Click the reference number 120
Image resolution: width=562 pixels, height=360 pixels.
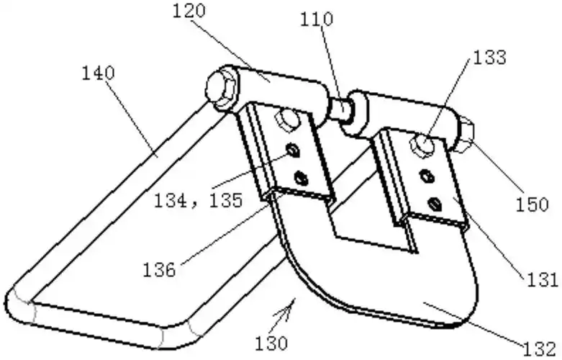189,11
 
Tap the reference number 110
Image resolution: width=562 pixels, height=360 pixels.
316,19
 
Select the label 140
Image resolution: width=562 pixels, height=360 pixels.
98,73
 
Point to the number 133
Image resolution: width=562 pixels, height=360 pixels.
489,58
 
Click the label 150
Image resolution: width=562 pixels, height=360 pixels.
532,204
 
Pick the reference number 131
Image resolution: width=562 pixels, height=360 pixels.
542,279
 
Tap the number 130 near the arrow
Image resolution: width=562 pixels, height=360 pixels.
271,343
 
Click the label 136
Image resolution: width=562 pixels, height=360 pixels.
159,270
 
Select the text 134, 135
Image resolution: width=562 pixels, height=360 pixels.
198,201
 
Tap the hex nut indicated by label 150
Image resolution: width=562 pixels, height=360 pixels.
466,134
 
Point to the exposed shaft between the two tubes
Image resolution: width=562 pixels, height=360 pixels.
340,107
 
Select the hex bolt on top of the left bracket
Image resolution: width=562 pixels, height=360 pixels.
287,119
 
